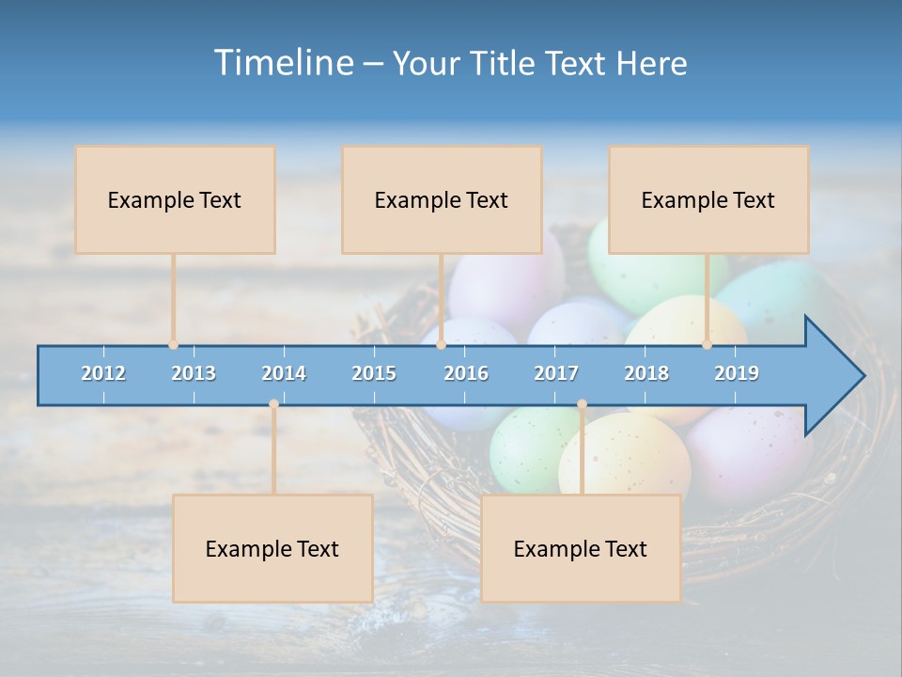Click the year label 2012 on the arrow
(x=103, y=373)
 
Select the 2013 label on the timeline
(x=194, y=373)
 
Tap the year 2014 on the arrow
(x=284, y=373)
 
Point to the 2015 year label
(x=374, y=373)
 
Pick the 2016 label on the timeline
(x=466, y=373)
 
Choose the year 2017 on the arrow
(x=556, y=373)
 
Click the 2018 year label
(x=646, y=373)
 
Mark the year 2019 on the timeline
(x=737, y=373)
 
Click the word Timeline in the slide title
(x=283, y=63)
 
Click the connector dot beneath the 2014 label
(x=273, y=404)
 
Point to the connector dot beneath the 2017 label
(x=582, y=404)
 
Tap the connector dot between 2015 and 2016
(x=442, y=344)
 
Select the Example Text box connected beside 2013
(x=175, y=199)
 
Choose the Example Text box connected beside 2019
(x=708, y=199)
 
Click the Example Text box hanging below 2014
(x=272, y=548)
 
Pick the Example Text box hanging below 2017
(x=581, y=548)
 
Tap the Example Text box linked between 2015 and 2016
(x=442, y=199)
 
